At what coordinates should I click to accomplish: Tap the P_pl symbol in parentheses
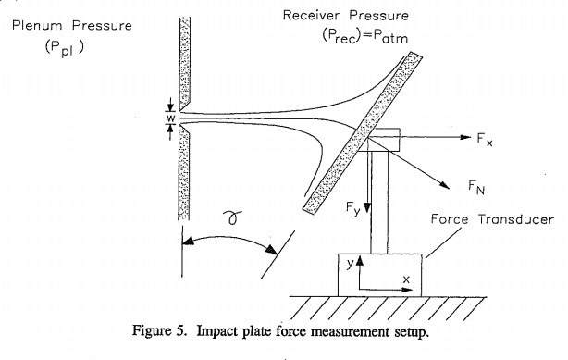coord(64,47)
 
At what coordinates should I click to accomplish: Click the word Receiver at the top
coord(311,15)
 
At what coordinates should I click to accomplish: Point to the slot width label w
coord(171,118)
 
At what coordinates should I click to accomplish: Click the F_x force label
coord(485,139)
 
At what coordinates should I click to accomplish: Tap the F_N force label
coord(476,188)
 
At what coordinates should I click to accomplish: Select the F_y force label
coord(352,208)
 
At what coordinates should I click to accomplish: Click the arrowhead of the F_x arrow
coord(465,137)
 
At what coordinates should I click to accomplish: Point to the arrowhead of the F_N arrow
coord(445,185)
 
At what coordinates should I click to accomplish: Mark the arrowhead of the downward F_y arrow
coord(367,207)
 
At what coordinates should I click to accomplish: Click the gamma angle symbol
coord(232,217)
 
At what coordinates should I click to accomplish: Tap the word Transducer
coord(516,219)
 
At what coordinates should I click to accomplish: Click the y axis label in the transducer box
coord(350,264)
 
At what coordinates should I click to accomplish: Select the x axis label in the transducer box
coord(406,279)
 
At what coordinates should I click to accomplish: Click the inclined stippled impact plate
coord(363,133)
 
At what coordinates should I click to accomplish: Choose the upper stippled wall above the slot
coord(185,64)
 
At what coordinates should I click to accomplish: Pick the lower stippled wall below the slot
coord(184,172)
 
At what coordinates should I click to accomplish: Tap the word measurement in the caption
coord(351,331)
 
